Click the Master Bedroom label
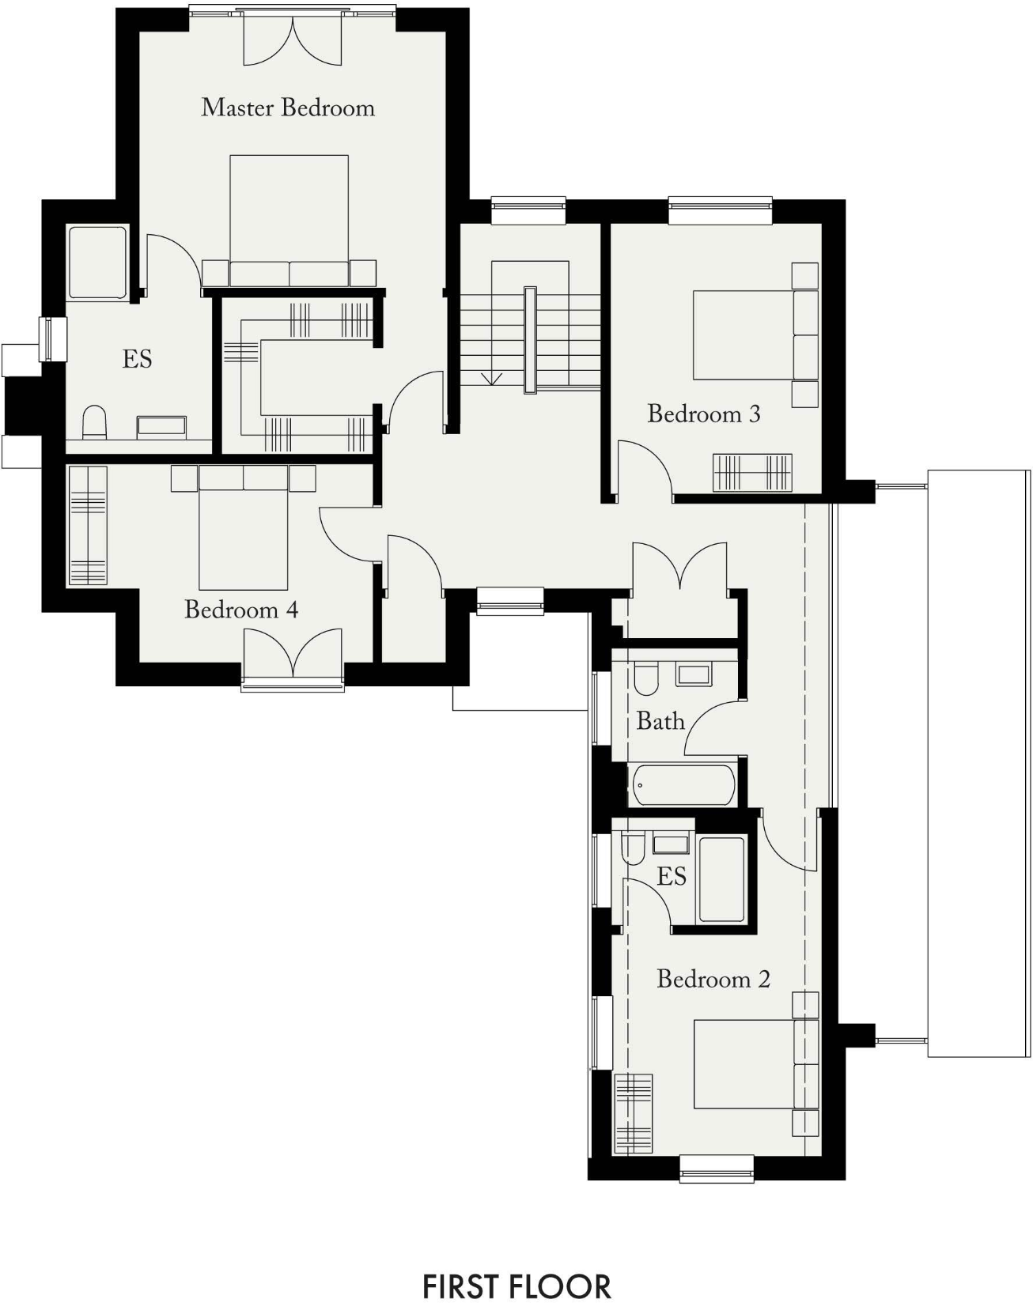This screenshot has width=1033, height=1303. coord(288,108)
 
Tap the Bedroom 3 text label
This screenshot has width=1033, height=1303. coord(703,414)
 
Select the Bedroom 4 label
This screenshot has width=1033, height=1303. coord(241,610)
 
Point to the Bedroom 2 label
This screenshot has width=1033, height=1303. coord(713,979)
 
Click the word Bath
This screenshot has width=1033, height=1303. coord(660,721)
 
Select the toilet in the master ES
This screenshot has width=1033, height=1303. coord(95,422)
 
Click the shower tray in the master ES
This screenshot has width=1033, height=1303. coord(97,262)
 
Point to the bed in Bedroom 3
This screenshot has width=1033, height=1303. coord(744,335)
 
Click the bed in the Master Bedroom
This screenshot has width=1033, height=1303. coord(289,213)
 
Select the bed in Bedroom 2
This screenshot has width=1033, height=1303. coord(744,1063)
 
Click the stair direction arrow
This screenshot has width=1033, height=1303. coord(491,378)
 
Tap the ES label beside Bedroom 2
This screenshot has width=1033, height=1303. coord(672,876)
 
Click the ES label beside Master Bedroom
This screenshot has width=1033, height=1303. coord(137,359)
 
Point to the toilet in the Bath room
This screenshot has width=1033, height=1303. coord(646,678)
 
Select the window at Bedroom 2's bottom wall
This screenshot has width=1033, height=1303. coord(717,1168)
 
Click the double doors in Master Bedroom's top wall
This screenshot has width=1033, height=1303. coord(293,40)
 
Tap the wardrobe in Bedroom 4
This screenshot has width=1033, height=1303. coord(87,526)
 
